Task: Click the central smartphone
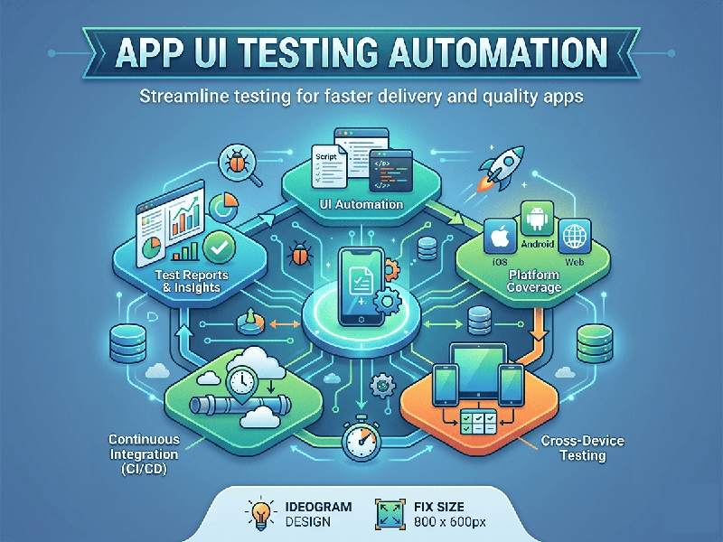pos(361,283)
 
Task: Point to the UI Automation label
pos(361,204)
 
